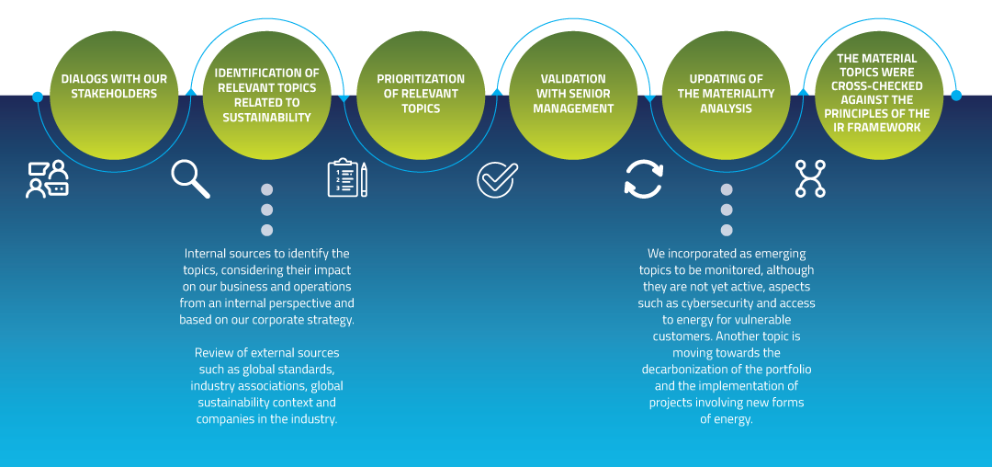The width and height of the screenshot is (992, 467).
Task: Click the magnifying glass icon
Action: [x=190, y=178]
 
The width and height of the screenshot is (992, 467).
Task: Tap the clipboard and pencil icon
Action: [x=347, y=178]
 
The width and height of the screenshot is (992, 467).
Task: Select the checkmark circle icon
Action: [x=498, y=179]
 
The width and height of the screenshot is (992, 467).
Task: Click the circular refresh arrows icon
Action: [x=643, y=179]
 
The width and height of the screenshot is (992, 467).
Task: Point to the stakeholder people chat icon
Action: [x=48, y=179]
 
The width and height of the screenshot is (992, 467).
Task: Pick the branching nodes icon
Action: [x=810, y=178]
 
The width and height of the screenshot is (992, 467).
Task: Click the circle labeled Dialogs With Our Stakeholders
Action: [x=114, y=95]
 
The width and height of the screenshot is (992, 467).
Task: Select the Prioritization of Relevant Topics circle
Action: [x=421, y=95]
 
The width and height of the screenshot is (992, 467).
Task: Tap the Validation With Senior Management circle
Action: [x=573, y=95]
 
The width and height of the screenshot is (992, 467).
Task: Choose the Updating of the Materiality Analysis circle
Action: [x=726, y=95]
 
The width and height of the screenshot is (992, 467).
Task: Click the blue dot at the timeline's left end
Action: [x=38, y=97]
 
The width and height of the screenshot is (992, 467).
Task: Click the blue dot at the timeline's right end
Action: [x=956, y=95]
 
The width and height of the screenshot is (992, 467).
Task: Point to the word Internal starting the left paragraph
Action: [x=208, y=254]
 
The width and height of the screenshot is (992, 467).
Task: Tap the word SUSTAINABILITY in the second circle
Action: [x=266, y=118]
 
